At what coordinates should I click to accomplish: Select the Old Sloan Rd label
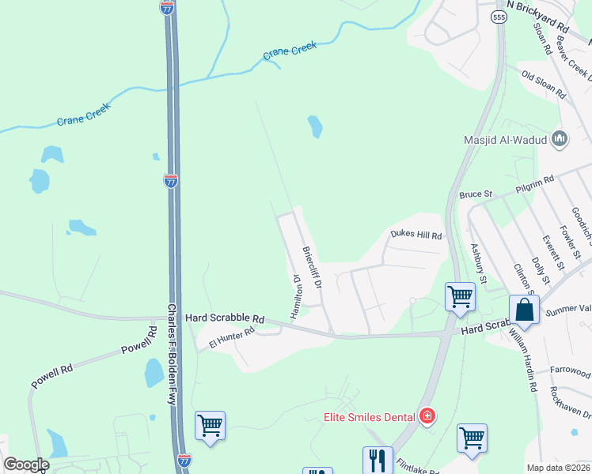point(544,84)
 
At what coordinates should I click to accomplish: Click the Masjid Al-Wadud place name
point(506,141)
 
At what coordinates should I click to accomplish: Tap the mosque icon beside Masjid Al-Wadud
point(560,140)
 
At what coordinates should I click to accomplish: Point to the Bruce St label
point(476,194)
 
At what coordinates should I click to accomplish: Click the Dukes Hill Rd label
point(416,235)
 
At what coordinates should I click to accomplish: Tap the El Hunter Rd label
point(231,339)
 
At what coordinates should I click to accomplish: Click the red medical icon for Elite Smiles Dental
point(427,416)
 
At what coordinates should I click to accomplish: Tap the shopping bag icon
point(526,309)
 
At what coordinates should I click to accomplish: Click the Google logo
point(26,465)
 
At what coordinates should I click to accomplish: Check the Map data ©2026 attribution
point(558,468)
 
